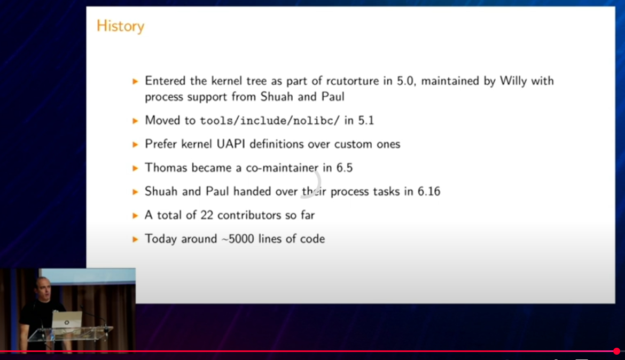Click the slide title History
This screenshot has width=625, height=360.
[120, 26]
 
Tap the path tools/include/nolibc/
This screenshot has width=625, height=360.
[269, 120]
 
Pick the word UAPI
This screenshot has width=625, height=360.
[231, 144]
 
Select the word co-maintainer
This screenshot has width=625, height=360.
[282, 168]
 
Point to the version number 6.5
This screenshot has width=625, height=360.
[345, 168]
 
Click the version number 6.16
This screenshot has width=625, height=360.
[429, 191]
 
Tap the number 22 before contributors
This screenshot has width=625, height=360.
[207, 215]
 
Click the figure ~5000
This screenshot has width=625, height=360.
[238, 239]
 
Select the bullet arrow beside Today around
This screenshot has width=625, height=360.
[135, 239]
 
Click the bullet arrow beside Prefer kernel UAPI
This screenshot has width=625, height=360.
[135, 144]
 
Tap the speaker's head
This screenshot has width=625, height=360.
[43, 288]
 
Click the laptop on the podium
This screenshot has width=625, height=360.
[67, 320]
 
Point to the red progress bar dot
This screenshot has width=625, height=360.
[616, 351]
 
